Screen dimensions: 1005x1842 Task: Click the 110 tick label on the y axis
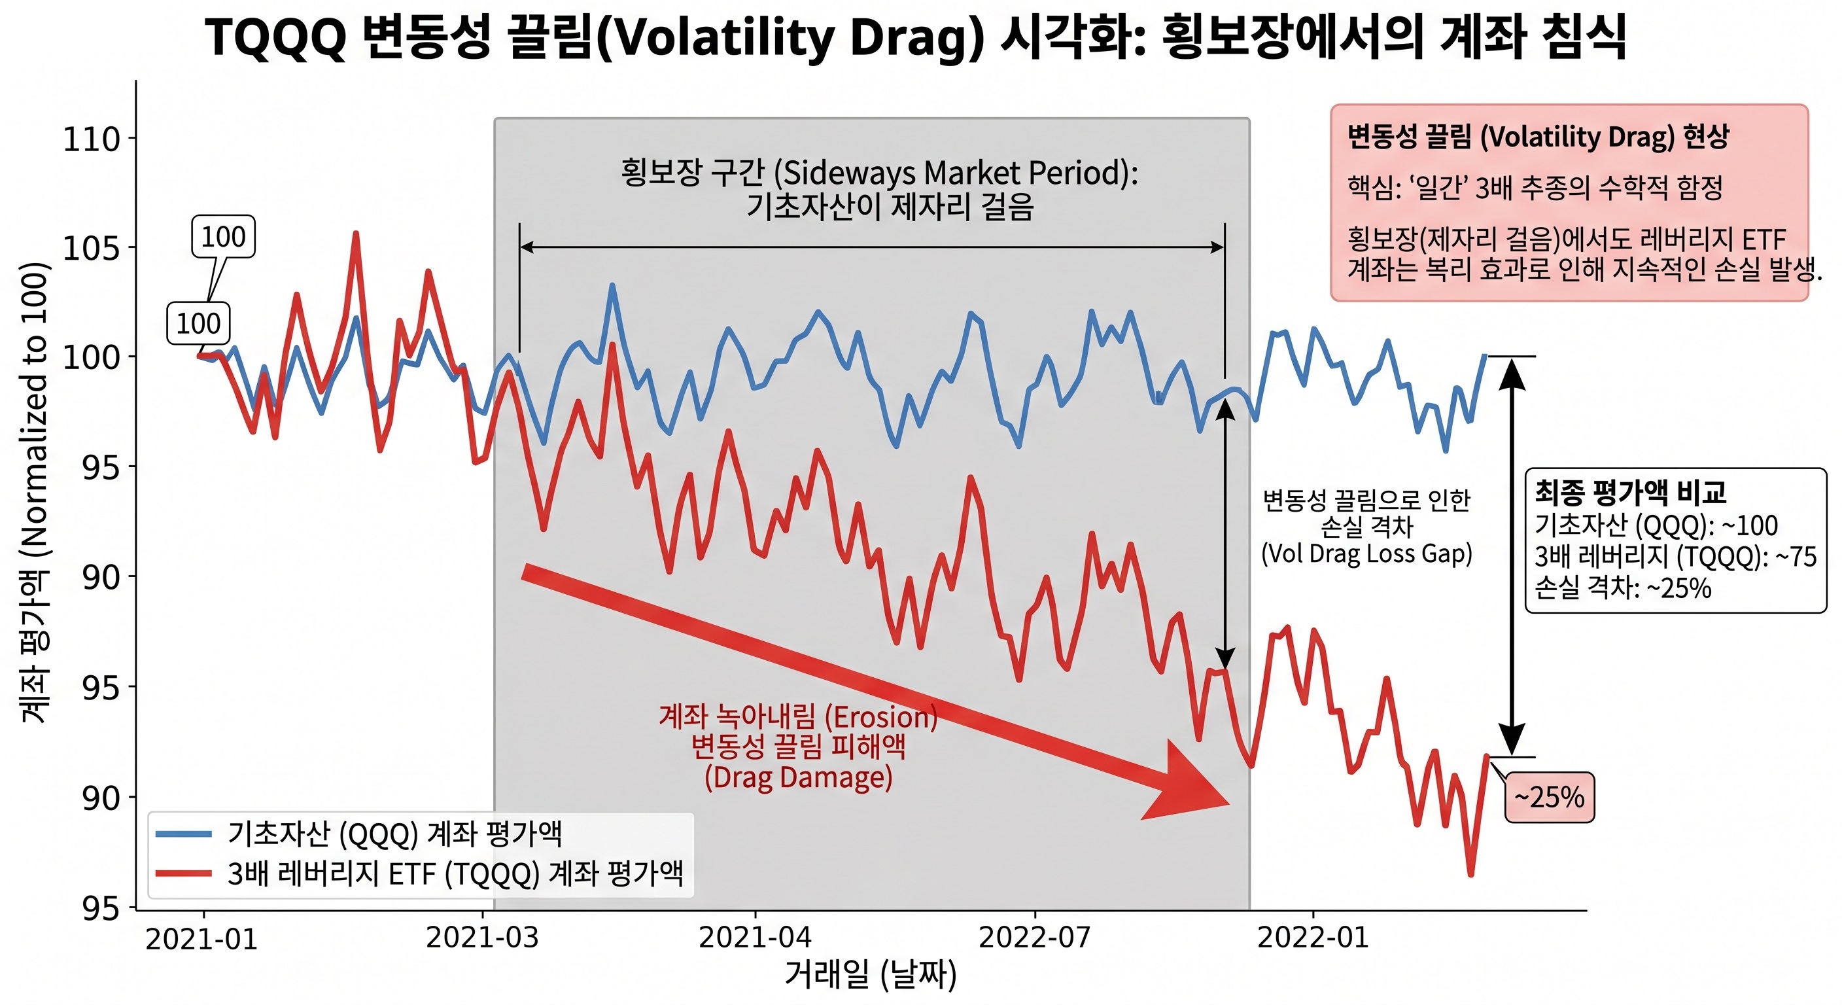[x=91, y=139]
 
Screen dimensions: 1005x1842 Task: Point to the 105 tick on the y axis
[x=91, y=248]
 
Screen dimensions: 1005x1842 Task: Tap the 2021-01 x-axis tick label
[x=201, y=938]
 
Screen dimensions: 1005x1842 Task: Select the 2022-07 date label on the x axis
[x=1034, y=936]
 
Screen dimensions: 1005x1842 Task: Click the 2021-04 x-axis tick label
[x=754, y=936]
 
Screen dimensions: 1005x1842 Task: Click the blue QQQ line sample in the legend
[x=184, y=834]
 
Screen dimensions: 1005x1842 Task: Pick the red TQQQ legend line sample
[x=184, y=873]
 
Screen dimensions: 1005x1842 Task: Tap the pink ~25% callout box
[x=1549, y=797]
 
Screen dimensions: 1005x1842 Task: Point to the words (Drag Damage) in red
[x=798, y=777]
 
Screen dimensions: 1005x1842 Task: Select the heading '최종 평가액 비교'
[x=1629, y=492]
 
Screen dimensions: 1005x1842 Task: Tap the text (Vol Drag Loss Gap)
[x=1366, y=554]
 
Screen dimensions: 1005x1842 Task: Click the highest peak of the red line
[x=355, y=234]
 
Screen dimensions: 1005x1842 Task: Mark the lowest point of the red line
[x=1470, y=874]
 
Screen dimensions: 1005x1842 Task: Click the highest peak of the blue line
[x=612, y=285]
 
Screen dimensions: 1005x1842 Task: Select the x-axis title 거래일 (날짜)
[x=870, y=974]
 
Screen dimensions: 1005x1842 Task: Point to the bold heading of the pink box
[x=1537, y=137]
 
